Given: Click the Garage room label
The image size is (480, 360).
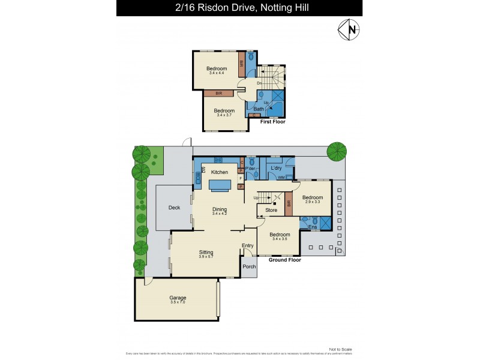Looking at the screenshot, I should tap(178, 298).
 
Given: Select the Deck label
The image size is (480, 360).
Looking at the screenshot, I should tap(174, 208).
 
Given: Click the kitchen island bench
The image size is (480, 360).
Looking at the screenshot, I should tap(220, 186).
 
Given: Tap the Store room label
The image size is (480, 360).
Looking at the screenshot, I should tap(271, 210).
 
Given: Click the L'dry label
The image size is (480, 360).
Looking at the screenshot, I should tap(277, 168).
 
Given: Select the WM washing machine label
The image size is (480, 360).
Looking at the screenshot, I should tap(281, 178).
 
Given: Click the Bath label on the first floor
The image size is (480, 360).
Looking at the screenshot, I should tap(258, 109).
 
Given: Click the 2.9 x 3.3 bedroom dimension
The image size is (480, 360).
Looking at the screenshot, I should tap(312, 203).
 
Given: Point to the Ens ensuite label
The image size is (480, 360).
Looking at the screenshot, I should tap(312, 227).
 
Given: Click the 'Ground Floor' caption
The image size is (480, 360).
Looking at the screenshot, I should tap(285, 260).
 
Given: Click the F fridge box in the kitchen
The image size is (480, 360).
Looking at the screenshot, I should tap(241, 178).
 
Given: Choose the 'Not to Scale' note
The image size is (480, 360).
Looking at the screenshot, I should tap(340, 349).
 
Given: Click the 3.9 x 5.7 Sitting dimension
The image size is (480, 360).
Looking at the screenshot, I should tap(206, 257).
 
